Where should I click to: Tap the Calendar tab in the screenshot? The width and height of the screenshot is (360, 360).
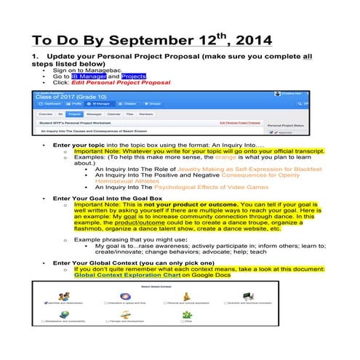pyautogui.click(x=114, y=114)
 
